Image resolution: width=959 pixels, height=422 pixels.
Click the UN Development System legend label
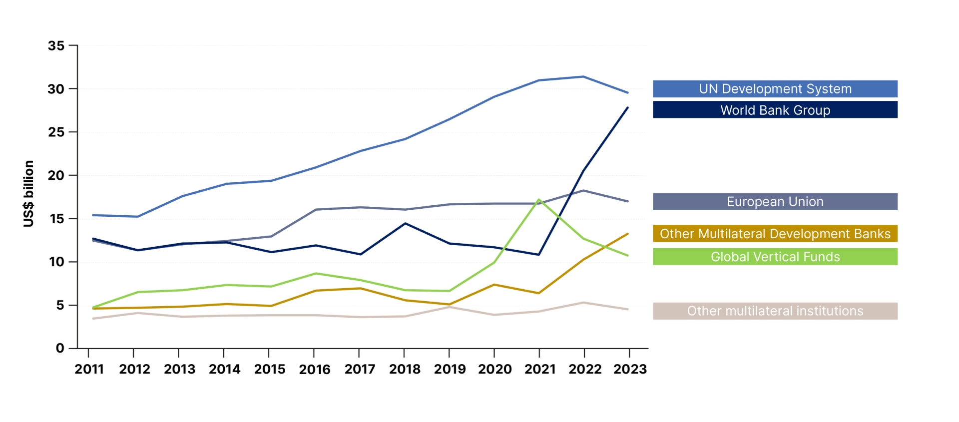click(775, 89)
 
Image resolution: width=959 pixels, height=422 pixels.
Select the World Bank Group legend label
click(775, 110)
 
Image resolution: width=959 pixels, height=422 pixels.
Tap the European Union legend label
click(775, 202)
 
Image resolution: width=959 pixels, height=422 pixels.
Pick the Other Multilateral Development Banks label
click(775, 234)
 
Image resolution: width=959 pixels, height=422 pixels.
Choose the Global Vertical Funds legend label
click(775, 257)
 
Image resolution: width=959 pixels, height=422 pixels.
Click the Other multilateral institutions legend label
click(775, 311)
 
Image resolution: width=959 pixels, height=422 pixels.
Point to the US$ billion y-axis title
click(29, 194)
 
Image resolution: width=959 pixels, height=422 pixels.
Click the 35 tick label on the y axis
click(56, 46)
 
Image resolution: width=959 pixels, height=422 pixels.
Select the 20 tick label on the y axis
click(56, 175)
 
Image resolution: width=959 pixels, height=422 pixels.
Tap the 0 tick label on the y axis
click(60, 348)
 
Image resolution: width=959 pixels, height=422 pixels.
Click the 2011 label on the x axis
click(89, 369)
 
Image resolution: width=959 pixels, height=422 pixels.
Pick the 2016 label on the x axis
click(315, 369)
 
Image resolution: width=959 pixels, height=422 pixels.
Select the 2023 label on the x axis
click(630, 369)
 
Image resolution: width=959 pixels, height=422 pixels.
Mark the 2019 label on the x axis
click(450, 369)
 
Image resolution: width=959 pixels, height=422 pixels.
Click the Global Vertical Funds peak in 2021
click(539, 200)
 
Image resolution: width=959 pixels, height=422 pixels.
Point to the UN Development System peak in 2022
click(583, 76)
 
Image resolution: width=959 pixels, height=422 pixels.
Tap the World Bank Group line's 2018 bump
click(405, 223)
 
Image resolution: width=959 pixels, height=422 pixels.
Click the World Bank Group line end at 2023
click(628, 107)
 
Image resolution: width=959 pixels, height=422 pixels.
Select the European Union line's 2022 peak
click(583, 190)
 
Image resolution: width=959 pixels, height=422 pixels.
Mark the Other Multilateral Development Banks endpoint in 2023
click(628, 234)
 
